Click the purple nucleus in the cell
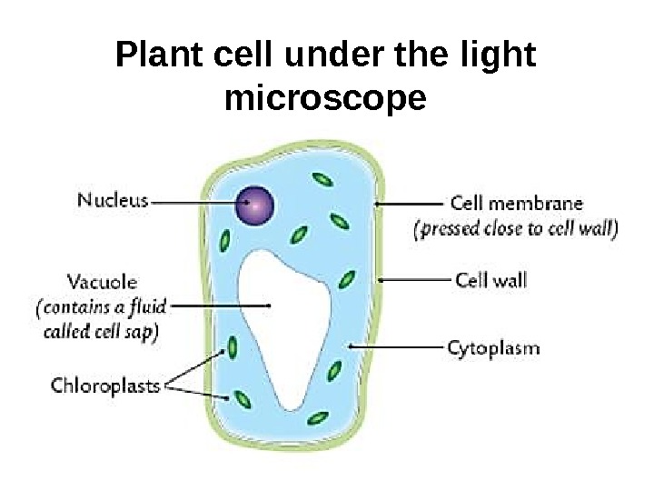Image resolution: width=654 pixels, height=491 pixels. click(255, 206)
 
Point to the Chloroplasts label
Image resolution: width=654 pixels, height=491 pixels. click(104, 386)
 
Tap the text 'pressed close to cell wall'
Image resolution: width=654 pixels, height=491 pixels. click(517, 229)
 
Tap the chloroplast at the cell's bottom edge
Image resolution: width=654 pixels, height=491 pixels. click(317, 418)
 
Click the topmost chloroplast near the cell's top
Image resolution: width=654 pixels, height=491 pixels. click(321, 180)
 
